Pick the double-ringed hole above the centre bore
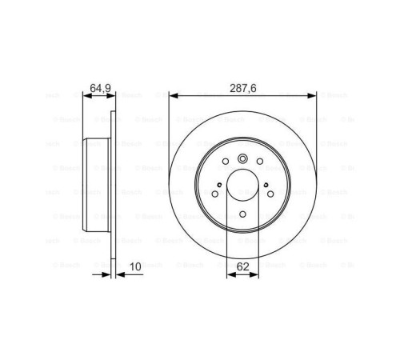click(242, 159)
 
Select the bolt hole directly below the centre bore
click(242, 214)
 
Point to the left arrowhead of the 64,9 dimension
click(86, 95)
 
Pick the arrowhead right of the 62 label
click(256, 274)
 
